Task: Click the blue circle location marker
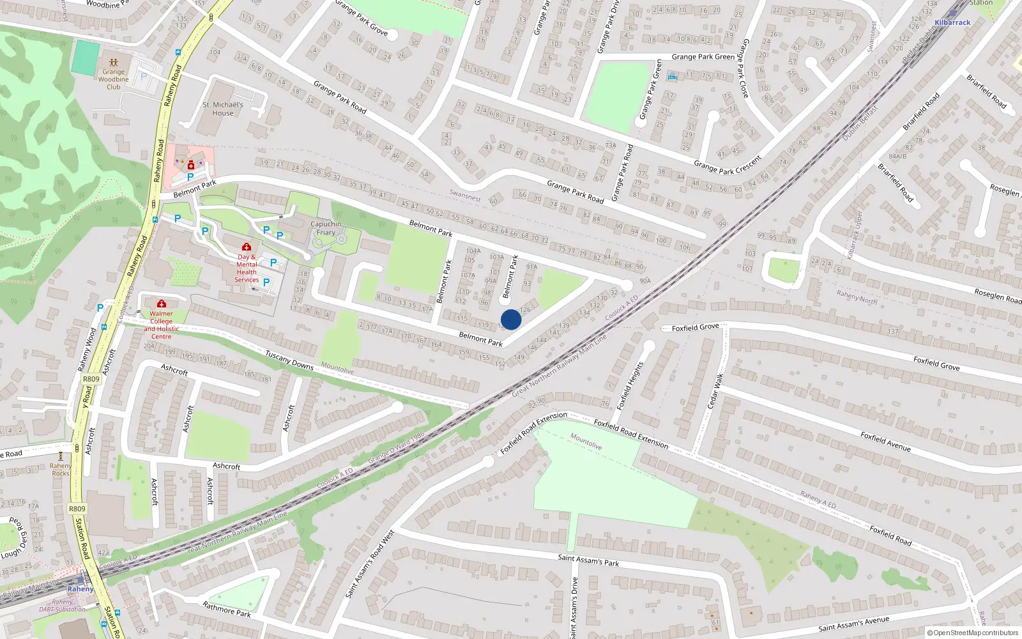pos(511,319)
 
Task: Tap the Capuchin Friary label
pos(326,228)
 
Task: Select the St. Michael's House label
pos(223,109)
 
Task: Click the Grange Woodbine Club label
pos(114,79)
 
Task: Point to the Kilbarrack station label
pos(952,22)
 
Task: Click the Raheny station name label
pos(80,589)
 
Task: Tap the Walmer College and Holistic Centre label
pos(161,325)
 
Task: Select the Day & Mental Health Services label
pos(247,268)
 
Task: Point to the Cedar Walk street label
pos(715,391)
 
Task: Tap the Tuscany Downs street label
pos(289,360)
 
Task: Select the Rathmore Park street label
pos(227,609)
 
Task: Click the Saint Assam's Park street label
pos(588,560)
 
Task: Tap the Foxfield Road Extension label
pos(631,433)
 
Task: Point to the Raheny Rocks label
pos(61,470)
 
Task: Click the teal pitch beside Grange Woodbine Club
pos(86,56)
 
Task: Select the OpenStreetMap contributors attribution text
pos(975,633)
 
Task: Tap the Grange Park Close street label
pos(744,68)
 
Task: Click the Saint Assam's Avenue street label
pos(853,624)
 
